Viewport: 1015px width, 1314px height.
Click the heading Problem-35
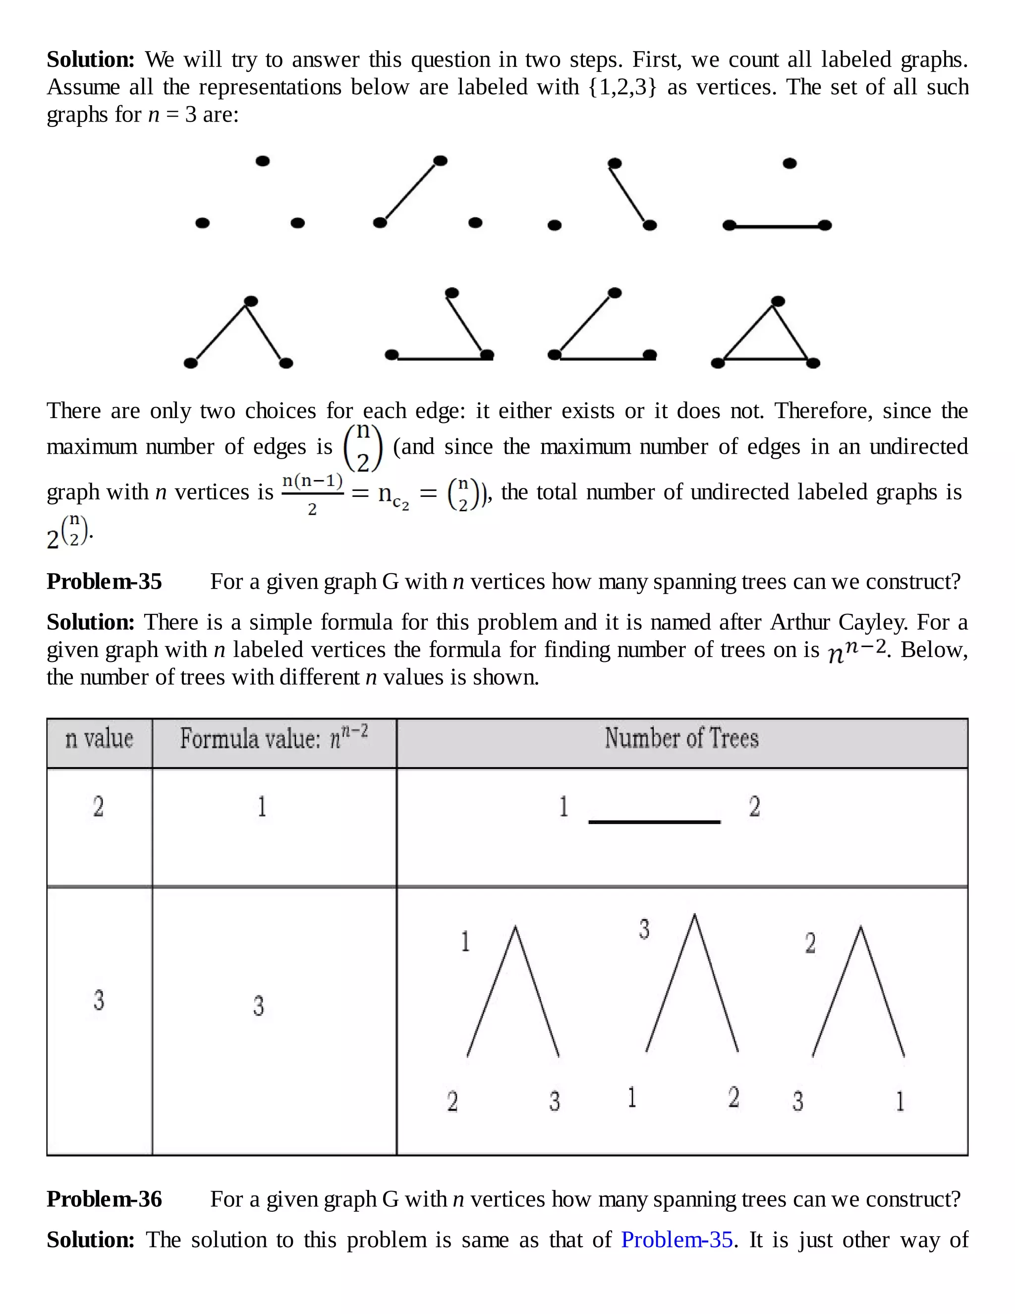click(104, 582)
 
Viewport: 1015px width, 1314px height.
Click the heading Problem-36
click(104, 1199)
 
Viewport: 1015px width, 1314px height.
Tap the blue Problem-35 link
click(677, 1240)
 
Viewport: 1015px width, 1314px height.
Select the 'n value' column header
click(99, 739)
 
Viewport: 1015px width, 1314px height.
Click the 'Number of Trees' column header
click(681, 739)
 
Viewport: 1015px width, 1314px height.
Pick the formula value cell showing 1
click(262, 807)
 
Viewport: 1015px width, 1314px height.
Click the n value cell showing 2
click(99, 807)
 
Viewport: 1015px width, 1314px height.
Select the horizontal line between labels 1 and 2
click(654, 821)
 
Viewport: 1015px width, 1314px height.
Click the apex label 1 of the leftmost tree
click(465, 942)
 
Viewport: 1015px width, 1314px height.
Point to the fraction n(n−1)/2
click(312, 493)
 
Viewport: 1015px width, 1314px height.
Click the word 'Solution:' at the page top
click(91, 60)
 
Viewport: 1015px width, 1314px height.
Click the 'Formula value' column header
click(274, 739)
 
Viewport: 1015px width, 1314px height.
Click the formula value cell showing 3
click(259, 1006)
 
